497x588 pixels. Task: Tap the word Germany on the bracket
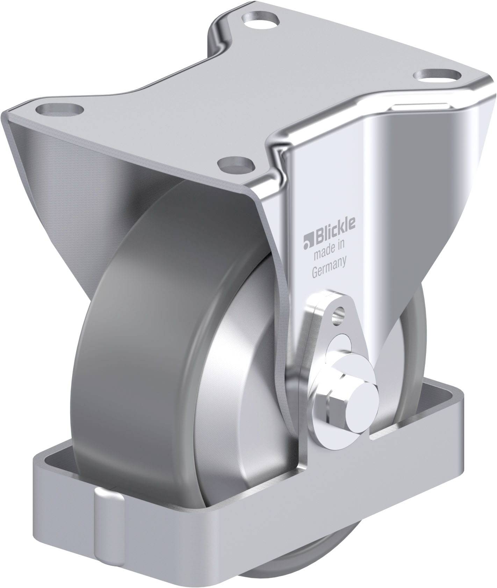pyautogui.click(x=329, y=272)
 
